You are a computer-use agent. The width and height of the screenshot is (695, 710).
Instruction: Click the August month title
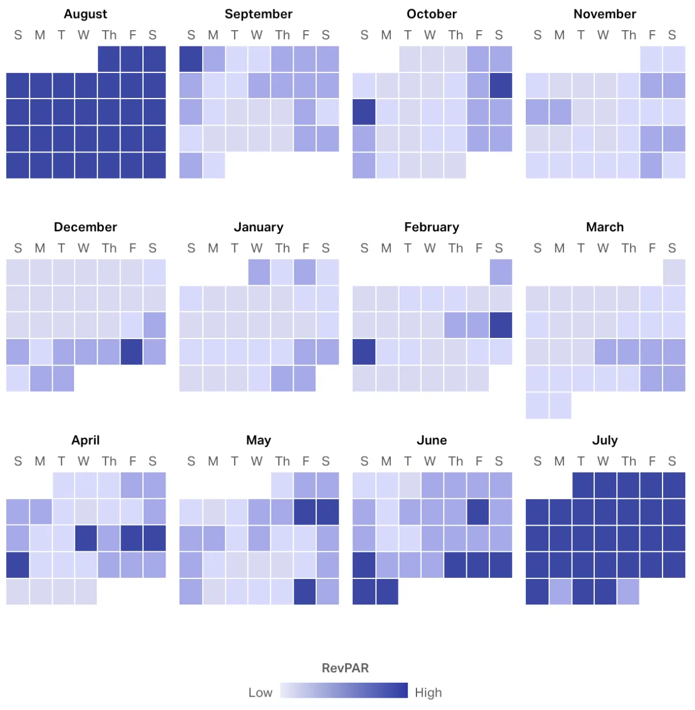[85, 14]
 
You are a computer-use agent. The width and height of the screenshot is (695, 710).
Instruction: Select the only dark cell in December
[132, 352]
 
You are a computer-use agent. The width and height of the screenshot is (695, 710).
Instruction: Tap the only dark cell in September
[191, 59]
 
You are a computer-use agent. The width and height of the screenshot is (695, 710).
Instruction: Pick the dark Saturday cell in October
[500, 86]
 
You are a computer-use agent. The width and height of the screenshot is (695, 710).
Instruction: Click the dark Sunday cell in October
[364, 112]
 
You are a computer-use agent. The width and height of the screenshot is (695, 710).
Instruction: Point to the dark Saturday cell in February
[500, 325]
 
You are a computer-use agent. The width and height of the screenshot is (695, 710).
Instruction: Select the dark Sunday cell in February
[364, 352]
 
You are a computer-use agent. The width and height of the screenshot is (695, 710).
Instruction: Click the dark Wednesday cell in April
[86, 538]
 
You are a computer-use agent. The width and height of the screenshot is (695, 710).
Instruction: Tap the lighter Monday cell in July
[560, 591]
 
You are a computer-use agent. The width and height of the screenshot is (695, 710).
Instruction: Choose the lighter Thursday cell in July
[628, 591]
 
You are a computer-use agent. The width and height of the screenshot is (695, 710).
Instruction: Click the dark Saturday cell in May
[327, 512]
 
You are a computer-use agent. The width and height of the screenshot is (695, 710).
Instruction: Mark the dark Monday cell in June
[387, 591]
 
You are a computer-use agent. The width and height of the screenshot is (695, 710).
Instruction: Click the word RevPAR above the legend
[345, 668]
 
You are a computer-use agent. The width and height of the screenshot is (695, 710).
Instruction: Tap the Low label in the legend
[260, 693]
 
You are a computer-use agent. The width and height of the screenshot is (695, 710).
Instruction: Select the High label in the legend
[428, 693]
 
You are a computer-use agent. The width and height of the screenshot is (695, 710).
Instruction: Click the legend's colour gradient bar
[344, 690]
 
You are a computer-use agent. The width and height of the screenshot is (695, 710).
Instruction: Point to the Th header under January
[282, 248]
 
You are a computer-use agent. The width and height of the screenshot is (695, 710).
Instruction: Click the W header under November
[603, 35]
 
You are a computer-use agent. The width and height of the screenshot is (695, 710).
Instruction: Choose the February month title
[431, 227]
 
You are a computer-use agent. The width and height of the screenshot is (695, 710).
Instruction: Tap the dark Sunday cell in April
[18, 565]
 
